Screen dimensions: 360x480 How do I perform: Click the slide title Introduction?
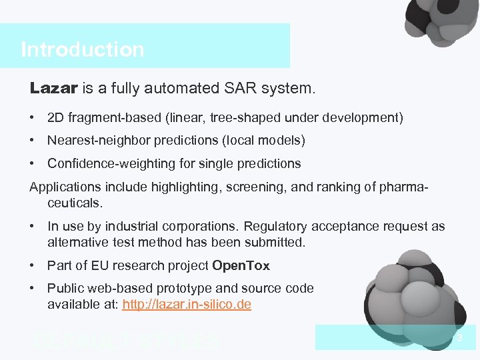pos(82,50)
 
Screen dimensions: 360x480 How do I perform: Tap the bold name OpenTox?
pos(241,266)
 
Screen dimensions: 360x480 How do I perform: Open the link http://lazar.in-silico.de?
pos(187,305)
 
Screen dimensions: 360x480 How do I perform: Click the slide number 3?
pos(459,339)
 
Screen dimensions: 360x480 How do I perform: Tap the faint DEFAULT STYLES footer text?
pos(127,341)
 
